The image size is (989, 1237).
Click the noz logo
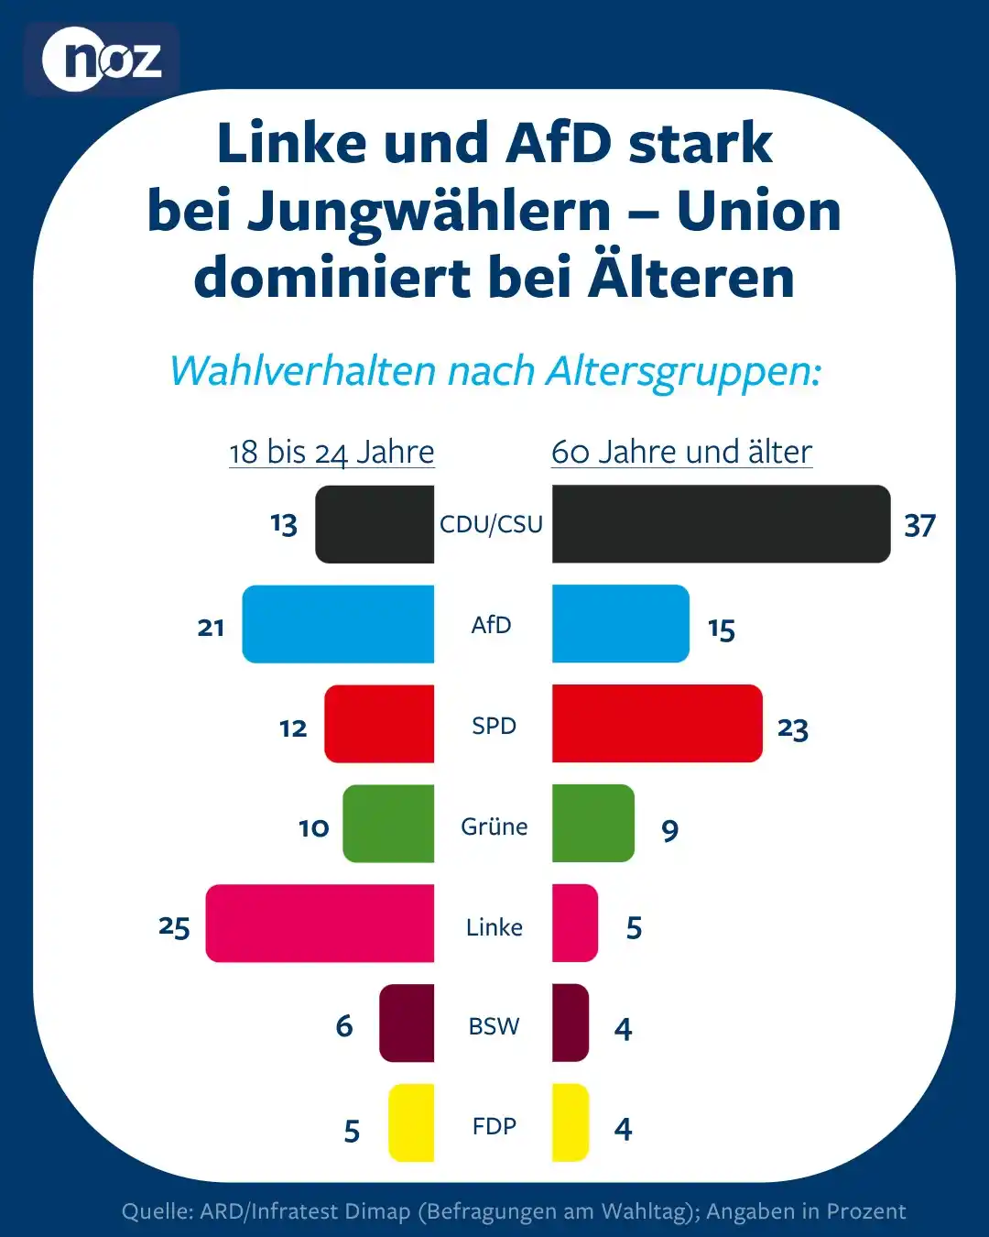pyautogui.click(x=102, y=60)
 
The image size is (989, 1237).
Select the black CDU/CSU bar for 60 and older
pyautogui.click(x=721, y=523)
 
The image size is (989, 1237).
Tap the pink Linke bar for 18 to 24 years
pyautogui.click(x=320, y=923)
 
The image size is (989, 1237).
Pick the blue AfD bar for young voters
pyautogui.click(x=338, y=624)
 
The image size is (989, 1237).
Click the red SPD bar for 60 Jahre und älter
pyautogui.click(x=657, y=723)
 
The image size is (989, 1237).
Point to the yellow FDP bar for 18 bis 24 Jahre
pyautogui.click(x=411, y=1122)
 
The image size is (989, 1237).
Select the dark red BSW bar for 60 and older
pyautogui.click(x=571, y=1023)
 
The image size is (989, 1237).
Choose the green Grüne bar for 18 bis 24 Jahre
pyautogui.click(x=388, y=823)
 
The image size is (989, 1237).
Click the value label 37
pyautogui.click(x=919, y=525)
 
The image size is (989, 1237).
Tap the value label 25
pyautogui.click(x=174, y=926)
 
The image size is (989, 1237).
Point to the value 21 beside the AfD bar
pyautogui.click(x=211, y=627)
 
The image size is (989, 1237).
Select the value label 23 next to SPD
pyautogui.click(x=792, y=728)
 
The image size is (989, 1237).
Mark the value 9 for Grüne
pyautogui.click(x=670, y=830)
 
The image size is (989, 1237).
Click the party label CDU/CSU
pyautogui.click(x=491, y=524)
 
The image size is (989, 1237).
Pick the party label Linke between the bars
pyautogui.click(x=494, y=927)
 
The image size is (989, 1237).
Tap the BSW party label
pyautogui.click(x=494, y=1026)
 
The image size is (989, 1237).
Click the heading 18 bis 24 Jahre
pyautogui.click(x=331, y=452)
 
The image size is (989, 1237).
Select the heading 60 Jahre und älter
pyautogui.click(x=681, y=452)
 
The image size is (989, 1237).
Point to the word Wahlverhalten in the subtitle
pyautogui.click(x=302, y=371)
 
